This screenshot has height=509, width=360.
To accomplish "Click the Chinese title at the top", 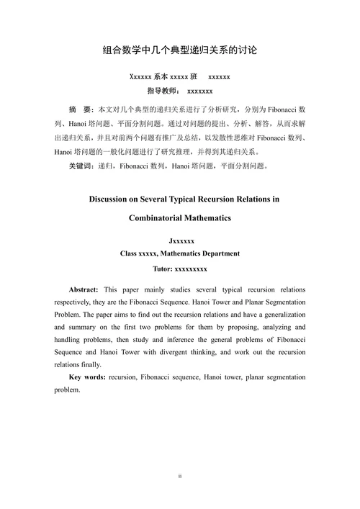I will pos(180,51).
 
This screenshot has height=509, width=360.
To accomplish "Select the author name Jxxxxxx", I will pos(180,241).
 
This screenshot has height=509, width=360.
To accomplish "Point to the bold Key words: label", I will pos(87,377).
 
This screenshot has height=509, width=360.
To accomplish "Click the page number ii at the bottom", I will pos(180,476).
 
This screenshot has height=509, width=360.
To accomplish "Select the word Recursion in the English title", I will pos(226,199).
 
